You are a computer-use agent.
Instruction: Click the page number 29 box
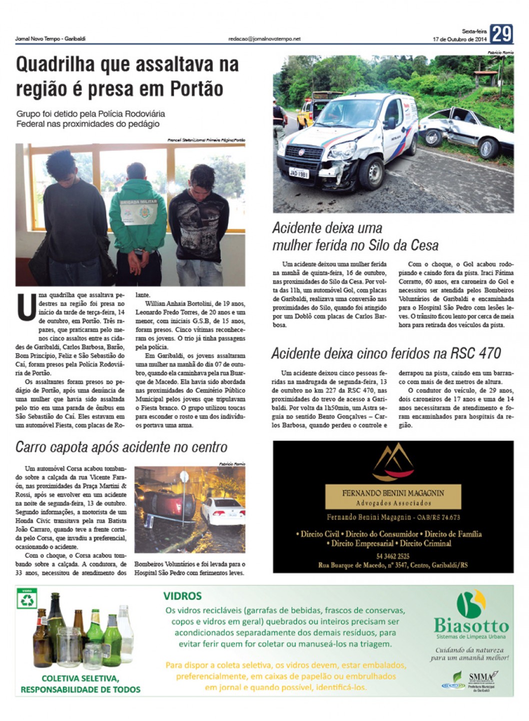501,34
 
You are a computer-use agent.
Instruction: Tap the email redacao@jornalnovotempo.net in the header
264,38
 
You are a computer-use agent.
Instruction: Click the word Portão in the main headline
196,89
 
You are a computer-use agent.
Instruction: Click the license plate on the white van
298,173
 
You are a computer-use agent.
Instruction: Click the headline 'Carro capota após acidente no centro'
121,447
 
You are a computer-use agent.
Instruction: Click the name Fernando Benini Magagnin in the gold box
393,493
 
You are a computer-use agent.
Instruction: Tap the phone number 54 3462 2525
393,556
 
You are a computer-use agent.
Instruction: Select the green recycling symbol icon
27,599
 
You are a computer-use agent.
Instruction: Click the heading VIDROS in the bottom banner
182,596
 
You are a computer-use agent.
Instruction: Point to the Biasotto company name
471,626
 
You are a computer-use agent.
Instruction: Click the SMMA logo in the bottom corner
482,677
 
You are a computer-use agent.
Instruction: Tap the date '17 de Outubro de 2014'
459,39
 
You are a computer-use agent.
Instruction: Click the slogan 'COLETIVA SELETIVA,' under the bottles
80,679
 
